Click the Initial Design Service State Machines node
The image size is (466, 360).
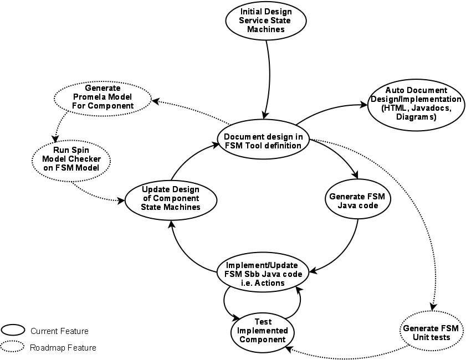pos(266,20)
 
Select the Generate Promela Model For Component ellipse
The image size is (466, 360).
pos(103,96)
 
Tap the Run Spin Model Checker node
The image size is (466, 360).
pos(71,160)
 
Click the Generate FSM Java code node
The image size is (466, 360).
pos(357,200)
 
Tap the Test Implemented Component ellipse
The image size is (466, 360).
pos(263,331)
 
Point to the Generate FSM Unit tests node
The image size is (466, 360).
pos(431,332)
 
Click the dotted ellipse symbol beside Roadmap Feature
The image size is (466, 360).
pos(13,348)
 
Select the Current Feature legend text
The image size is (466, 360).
pos(59,331)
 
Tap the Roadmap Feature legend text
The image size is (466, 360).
pos(63,348)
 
